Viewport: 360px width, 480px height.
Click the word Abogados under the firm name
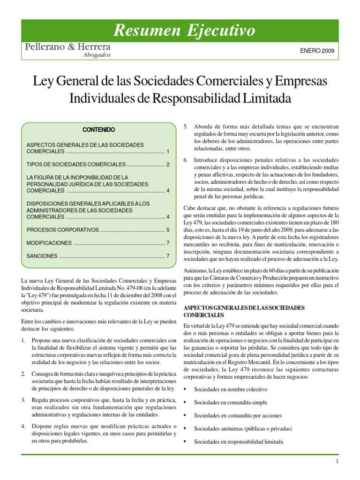(97, 55)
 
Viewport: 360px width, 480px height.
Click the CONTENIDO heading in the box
(98, 129)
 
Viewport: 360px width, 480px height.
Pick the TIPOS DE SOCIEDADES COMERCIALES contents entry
(76, 165)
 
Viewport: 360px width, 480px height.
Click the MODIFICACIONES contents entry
(49, 243)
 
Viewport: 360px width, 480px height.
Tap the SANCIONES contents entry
(42, 256)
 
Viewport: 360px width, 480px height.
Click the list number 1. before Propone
(24, 340)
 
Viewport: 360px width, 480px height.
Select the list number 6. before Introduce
(186, 160)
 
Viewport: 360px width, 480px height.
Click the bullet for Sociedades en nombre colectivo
(186, 390)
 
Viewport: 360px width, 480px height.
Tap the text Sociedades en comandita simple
(230, 402)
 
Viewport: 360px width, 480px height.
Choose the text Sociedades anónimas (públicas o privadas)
(243, 428)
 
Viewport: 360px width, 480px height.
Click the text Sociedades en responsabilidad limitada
(239, 442)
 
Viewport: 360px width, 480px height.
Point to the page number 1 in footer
(337, 462)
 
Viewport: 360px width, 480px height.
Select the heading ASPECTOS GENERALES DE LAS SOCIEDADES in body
(244, 307)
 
